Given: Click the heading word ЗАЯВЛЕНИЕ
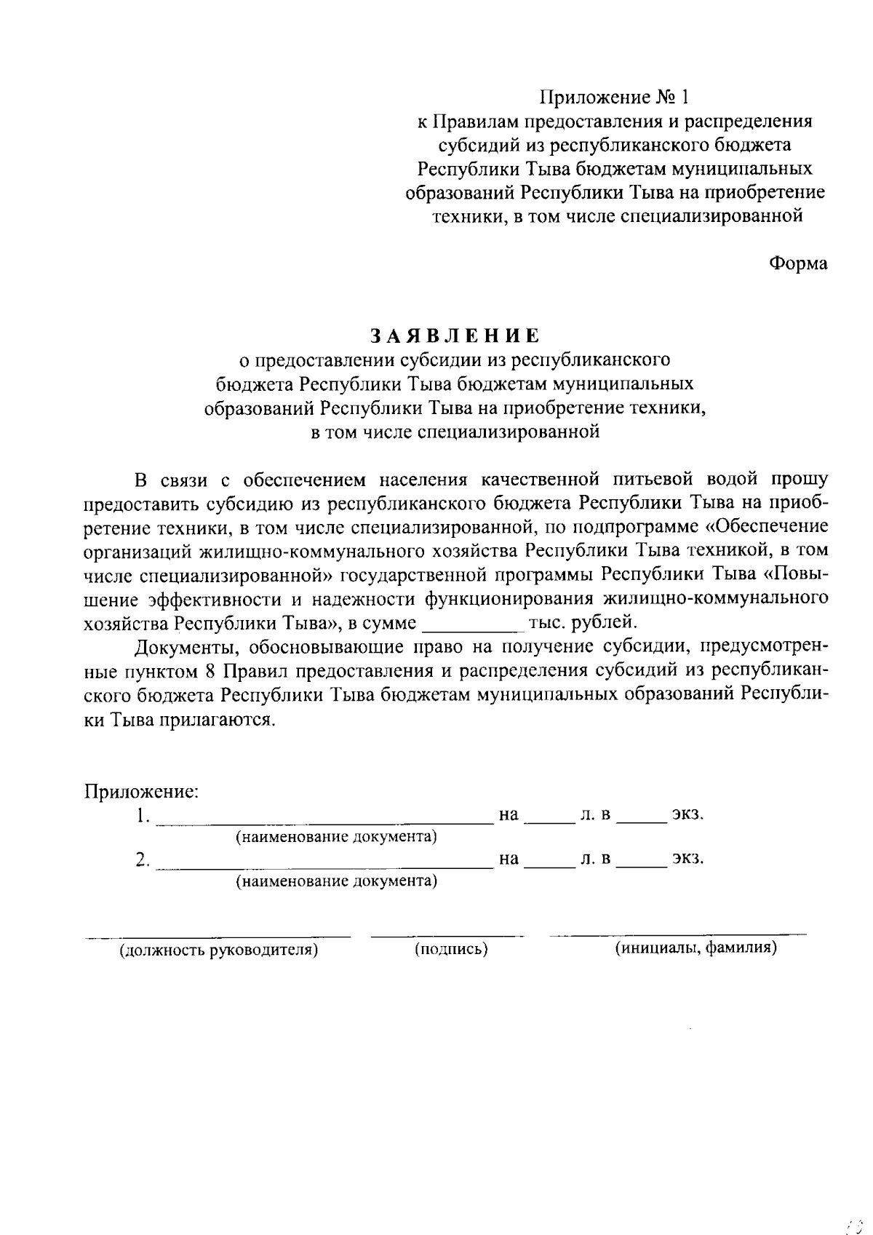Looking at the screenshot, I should click(455, 335).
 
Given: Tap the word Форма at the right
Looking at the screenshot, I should click(798, 263).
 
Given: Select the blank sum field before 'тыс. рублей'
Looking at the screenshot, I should click(473, 624).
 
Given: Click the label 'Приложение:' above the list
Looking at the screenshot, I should click(142, 790).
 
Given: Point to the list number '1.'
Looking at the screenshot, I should click(143, 815).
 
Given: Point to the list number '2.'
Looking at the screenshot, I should click(143, 859).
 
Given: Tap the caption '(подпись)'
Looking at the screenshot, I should click(451, 949).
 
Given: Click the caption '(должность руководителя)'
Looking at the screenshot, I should click(219, 950).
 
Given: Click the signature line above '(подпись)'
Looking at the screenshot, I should click(447, 934).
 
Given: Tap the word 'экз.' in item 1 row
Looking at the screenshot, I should click(687, 814).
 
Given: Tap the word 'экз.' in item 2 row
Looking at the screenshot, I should click(687, 859).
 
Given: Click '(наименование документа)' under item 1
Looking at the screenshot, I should click(335, 837).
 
